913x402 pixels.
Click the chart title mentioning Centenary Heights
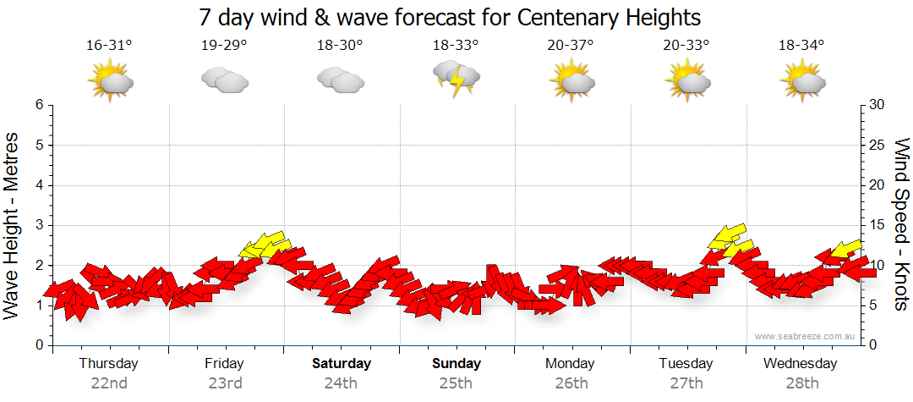click(x=450, y=17)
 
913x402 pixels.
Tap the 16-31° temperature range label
click(x=109, y=46)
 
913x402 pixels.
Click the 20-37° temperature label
click(x=571, y=46)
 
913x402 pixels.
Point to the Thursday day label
click(x=108, y=364)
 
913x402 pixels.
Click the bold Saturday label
click(x=342, y=364)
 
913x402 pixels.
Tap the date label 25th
click(x=456, y=383)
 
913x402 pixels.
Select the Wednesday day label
click(x=800, y=364)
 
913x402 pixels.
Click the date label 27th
click(x=686, y=383)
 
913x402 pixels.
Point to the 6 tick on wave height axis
click(x=38, y=105)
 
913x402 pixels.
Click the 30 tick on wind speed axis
click(x=877, y=105)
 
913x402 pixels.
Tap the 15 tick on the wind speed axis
click(x=877, y=225)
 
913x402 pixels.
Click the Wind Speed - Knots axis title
click(x=900, y=224)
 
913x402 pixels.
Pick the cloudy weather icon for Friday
click(x=224, y=80)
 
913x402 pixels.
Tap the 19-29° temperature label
click(x=224, y=46)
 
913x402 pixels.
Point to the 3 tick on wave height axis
click(x=38, y=225)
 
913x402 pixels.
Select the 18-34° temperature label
click(x=801, y=46)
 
